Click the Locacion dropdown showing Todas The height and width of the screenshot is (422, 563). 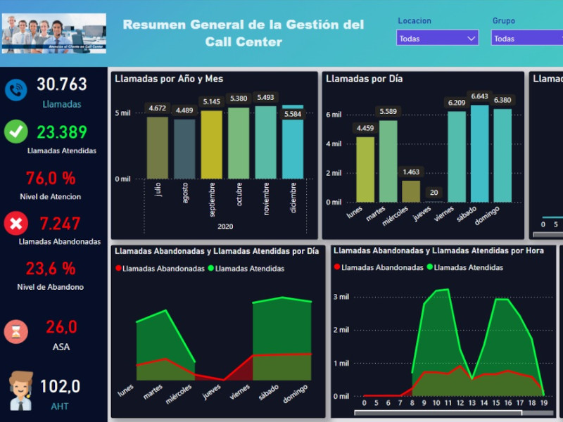pyautogui.click(x=437, y=38)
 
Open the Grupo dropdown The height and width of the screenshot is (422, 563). pyautogui.click(x=526, y=38)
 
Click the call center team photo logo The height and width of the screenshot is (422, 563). pyautogui.click(x=54, y=33)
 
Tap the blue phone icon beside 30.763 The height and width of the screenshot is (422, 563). pyautogui.click(x=15, y=89)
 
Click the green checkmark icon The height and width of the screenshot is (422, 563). pyautogui.click(x=15, y=132)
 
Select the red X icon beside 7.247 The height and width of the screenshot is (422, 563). pyautogui.click(x=15, y=224)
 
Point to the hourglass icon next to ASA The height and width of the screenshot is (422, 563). pyautogui.click(x=15, y=331)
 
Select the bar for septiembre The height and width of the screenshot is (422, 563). pyautogui.click(x=211, y=145)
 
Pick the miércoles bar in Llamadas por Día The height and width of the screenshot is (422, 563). pyautogui.click(x=410, y=191)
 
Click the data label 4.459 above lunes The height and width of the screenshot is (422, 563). pyautogui.click(x=365, y=128)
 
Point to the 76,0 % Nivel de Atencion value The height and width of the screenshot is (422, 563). pyautogui.click(x=51, y=178)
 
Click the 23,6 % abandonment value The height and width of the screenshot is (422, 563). pyautogui.click(x=51, y=268)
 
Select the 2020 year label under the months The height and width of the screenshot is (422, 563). pyautogui.click(x=225, y=226)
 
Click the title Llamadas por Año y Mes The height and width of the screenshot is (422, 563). pyautogui.click(x=169, y=79)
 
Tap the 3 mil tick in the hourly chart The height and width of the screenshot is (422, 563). pyautogui.click(x=341, y=297)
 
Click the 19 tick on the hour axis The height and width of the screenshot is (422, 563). pyautogui.click(x=543, y=403)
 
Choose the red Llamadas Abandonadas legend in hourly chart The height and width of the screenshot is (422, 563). pyautogui.click(x=379, y=267)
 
